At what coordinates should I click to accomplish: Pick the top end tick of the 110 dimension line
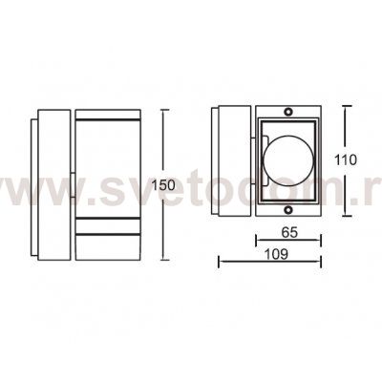339,105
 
